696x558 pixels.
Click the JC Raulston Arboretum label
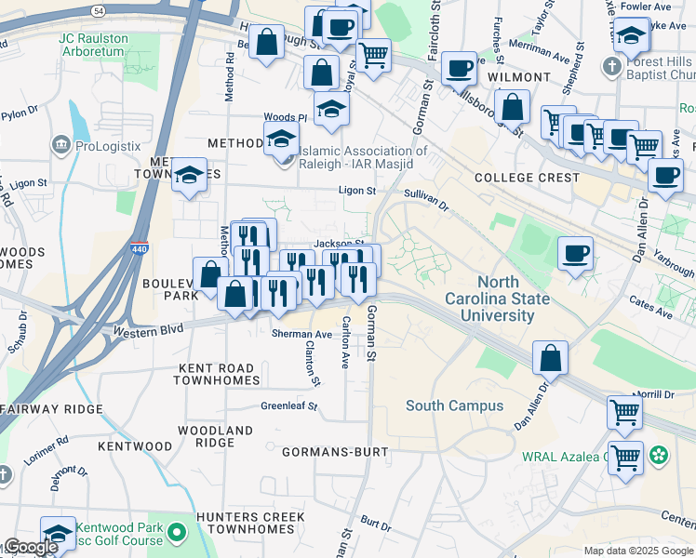click(x=91, y=46)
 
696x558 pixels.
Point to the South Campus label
click(x=454, y=405)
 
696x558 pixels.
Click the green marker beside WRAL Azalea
click(x=659, y=456)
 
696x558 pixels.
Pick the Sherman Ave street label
click(x=301, y=334)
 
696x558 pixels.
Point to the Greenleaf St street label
click(x=288, y=406)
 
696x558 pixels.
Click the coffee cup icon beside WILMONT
click(x=458, y=67)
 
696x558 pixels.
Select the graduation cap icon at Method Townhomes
click(x=189, y=176)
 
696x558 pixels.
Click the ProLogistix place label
click(x=108, y=145)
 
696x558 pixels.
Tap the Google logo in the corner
click(x=30, y=548)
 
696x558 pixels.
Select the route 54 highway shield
click(x=99, y=7)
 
